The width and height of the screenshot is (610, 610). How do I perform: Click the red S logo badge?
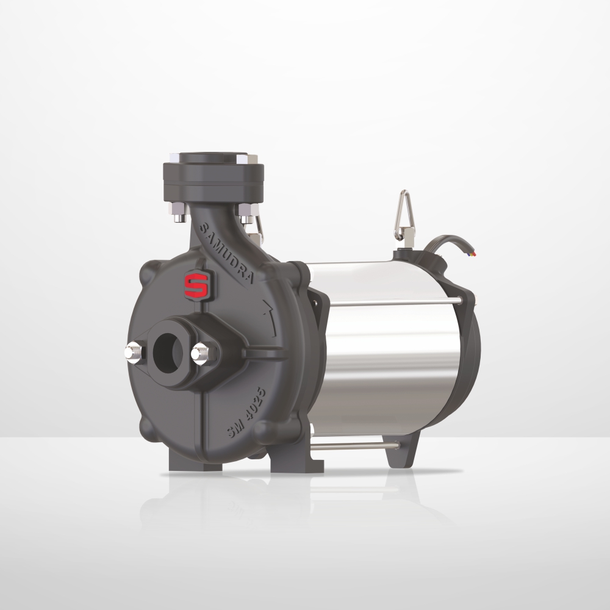click(x=196, y=284)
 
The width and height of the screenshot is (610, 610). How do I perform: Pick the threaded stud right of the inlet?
click(x=200, y=353)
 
